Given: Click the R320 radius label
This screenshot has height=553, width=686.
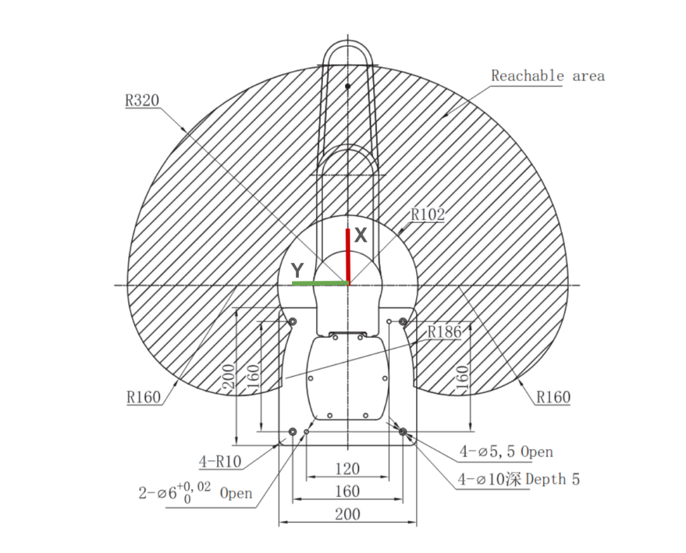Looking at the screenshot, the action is pos(142,100).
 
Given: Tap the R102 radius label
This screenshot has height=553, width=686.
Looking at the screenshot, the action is pos(427,215).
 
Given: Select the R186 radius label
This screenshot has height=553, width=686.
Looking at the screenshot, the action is pos(444,332).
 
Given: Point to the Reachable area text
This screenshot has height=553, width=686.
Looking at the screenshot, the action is pos(548,76).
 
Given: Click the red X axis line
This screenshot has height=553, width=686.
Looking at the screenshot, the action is pos(348,256).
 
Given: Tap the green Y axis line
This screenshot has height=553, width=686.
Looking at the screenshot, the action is pos(320,283).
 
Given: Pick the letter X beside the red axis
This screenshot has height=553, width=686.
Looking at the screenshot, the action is pos(360,235).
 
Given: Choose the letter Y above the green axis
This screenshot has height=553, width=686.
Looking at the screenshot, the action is pos(297,270).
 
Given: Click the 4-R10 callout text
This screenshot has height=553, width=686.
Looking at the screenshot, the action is pos(220,461).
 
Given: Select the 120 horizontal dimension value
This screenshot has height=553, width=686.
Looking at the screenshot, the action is pos(348,469).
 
